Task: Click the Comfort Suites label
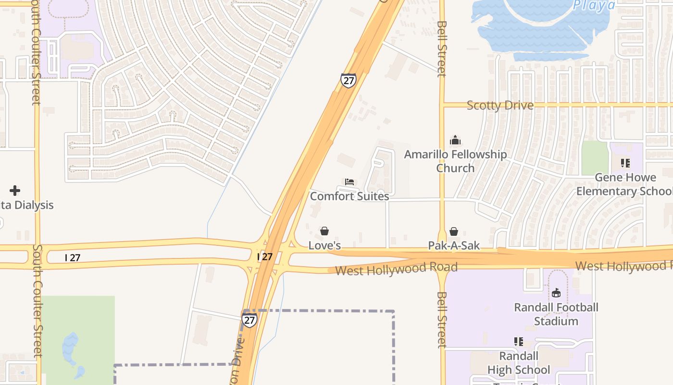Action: point(349,196)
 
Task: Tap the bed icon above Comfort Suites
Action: point(349,182)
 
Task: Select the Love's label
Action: point(324,245)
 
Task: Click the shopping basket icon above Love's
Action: point(324,231)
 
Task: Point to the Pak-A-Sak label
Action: point(454,245)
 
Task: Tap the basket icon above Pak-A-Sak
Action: point(454,231)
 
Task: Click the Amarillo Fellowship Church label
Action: point(455,161)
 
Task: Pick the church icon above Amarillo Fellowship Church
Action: point(455,141)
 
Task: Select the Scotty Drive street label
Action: point(500,105)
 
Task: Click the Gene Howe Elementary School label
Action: point(625,184)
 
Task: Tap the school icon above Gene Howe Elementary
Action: point(625,163)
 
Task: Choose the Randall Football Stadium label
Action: point(556,314)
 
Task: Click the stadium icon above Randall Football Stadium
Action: point(556,293)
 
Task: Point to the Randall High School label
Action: point(519,363)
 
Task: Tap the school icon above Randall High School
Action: point(519,342)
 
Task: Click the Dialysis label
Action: point(26,205)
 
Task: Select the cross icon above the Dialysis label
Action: point(15,191)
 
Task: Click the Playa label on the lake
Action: point(594,5)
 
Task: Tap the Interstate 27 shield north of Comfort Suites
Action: point(348,80)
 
